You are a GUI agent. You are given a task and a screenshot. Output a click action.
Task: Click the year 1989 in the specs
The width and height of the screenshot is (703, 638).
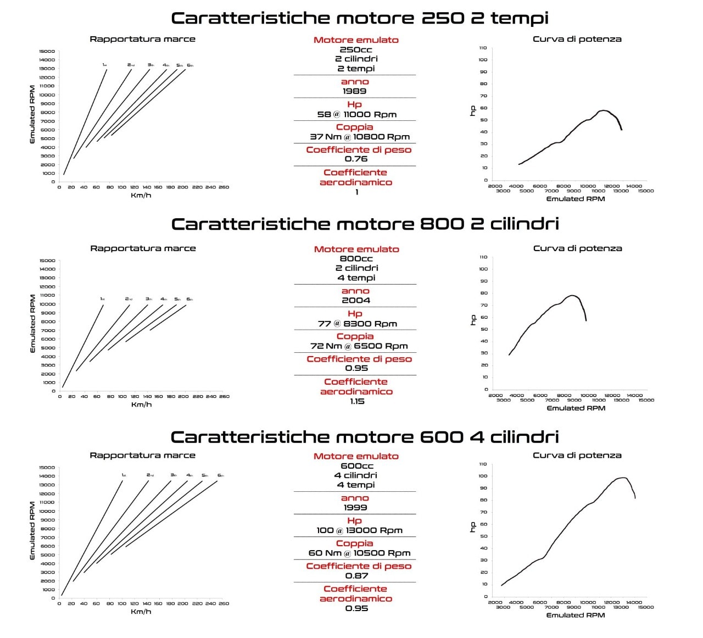(354, 91)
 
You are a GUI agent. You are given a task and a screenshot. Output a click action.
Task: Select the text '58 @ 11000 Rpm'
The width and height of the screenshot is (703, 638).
(356, 114)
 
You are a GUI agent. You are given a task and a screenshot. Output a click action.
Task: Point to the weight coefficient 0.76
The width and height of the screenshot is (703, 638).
(356, 159)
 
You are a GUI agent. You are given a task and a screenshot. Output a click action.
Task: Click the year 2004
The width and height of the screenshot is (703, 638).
(355, 300)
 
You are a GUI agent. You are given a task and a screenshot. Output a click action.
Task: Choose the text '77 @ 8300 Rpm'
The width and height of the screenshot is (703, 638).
(357, 324)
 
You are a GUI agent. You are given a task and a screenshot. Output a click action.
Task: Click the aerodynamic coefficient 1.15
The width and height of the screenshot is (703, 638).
(357, 401)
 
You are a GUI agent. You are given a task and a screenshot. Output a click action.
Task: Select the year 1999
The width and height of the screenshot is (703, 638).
(355, 508)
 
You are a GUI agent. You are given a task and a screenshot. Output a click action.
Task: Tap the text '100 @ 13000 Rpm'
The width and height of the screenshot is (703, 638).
(359, 530)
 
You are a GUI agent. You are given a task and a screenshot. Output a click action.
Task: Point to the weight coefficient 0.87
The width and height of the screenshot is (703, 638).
(356, 575)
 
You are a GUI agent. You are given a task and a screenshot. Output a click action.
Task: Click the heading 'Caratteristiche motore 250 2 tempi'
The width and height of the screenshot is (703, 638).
(360, 18)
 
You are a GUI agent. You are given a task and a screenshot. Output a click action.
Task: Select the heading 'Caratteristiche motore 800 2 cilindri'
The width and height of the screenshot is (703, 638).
(365, 224)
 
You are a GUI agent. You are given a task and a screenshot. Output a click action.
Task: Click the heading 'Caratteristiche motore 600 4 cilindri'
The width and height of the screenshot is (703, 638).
(365, 437)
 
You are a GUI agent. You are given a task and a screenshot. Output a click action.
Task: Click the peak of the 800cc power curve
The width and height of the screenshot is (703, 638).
(572, 296)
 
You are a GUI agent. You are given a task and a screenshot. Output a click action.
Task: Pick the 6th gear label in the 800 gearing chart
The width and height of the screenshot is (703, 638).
(189, 299)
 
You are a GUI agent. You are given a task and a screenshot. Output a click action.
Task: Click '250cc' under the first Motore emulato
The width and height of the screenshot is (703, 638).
(355, 49)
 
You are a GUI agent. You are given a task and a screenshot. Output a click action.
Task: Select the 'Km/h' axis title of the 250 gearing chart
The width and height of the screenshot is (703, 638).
(141, 196)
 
